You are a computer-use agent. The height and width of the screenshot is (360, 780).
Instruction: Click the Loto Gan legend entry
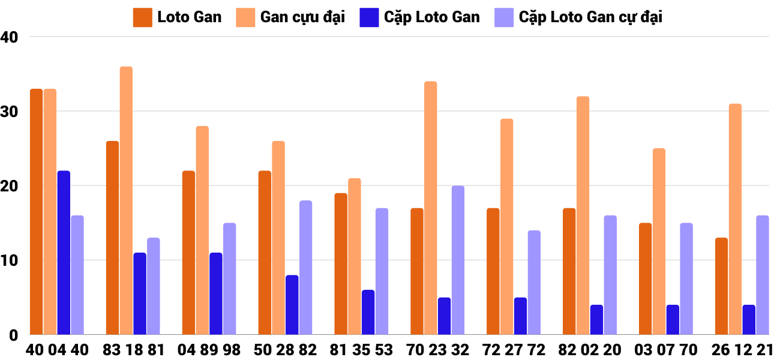pos(178,17)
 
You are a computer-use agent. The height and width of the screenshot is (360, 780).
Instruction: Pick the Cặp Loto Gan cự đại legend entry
pos(578,17)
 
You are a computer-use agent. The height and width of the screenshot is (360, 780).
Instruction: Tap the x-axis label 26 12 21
pos(742,350)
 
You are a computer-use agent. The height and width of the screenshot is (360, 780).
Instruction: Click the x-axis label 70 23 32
pos(437,350)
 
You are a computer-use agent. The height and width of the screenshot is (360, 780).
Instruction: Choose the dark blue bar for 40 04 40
pos(64,253)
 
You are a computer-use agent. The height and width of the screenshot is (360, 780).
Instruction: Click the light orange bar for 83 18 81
pos(126,200)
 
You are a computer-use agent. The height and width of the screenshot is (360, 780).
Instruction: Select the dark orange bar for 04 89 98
pos(188,253)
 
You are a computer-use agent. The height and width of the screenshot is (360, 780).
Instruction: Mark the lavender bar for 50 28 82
pos(305,268)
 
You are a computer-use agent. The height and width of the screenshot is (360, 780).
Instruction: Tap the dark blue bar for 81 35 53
pos(368,312)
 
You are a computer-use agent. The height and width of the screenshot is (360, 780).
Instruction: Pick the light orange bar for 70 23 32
pos(430,208)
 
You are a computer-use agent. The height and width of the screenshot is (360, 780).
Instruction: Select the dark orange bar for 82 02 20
pos(569,271)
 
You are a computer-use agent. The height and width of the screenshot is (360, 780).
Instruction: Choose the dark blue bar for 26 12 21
pos(749,320)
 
